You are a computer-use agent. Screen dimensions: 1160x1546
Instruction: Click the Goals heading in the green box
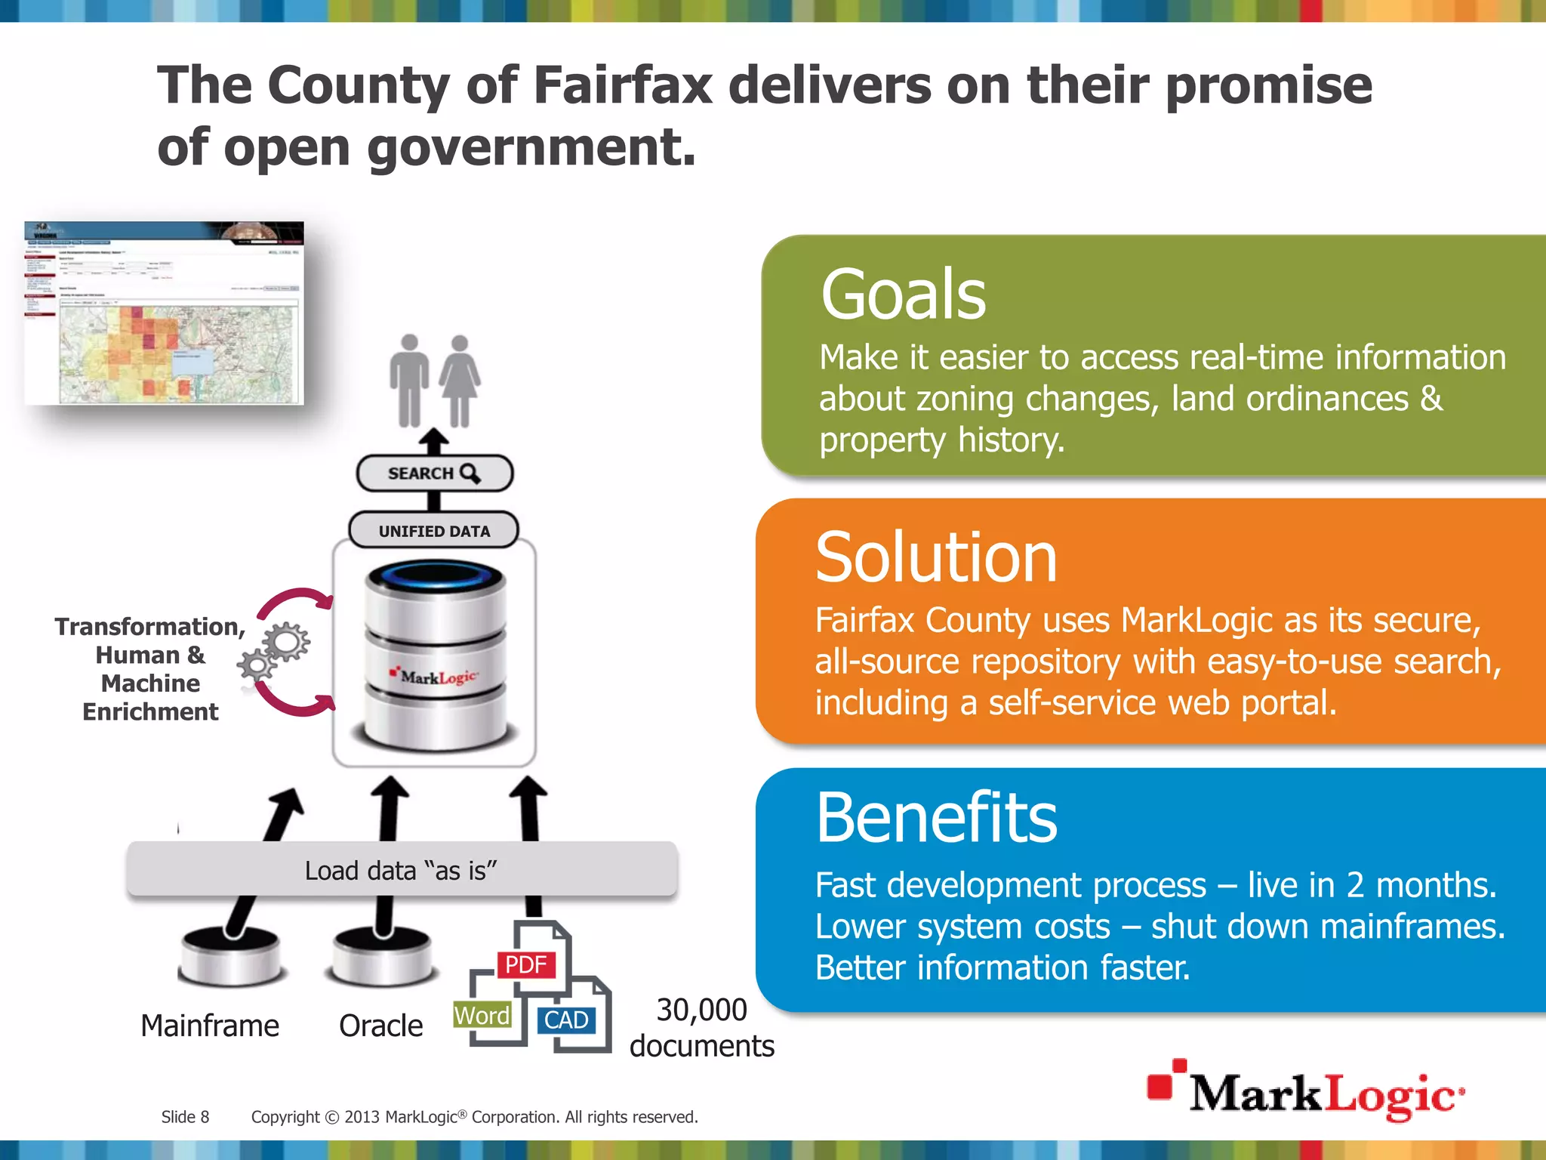(903, 295)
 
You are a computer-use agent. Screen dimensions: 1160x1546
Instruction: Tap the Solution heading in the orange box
(936, 558)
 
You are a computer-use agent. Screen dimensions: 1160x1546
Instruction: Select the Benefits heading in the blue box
(936, 819)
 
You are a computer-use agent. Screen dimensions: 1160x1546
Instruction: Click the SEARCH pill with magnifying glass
(434, 474)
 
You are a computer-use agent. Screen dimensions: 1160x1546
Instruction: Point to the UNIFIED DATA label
(434, 531)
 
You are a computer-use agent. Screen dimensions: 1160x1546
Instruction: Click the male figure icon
(409, 381)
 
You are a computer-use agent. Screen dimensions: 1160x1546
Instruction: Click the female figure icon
(459, 381)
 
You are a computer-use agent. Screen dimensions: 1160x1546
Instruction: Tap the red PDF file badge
(526, 964)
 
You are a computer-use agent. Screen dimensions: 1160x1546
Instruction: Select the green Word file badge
(482, 1016)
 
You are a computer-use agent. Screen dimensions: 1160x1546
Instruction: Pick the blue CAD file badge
(566, 1020)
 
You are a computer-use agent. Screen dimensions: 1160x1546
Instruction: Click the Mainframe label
(210, 1026)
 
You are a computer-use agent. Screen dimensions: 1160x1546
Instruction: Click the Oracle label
(380, 1026)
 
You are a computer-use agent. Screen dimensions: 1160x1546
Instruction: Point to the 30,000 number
(701, 1010)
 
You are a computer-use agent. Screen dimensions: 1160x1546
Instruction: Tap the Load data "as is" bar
(402, 870)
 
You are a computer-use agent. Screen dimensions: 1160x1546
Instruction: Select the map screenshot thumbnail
(164, 313)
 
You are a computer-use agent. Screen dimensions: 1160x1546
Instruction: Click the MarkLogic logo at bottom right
(1306, 1092)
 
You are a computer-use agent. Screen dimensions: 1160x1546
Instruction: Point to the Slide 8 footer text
(185, 1117)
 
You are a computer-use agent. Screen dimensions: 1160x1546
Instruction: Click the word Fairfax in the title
(623, 85)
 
